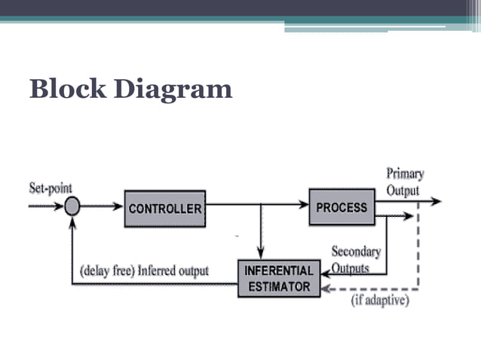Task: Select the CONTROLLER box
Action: click(x=165, y=208)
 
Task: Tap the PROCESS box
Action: click(x=342, y=206)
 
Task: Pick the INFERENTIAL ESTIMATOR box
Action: click(x=278, y=278)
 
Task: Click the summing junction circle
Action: click(x=72, y=205)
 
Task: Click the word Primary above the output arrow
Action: click(x=405, y=174)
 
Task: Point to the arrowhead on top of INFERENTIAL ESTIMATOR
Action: click(x=260, y=255)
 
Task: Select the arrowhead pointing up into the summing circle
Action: click(x=72, y=220)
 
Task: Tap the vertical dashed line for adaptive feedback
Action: click(x=418, y=249)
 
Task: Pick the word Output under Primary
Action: click(x=403, y=191)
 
